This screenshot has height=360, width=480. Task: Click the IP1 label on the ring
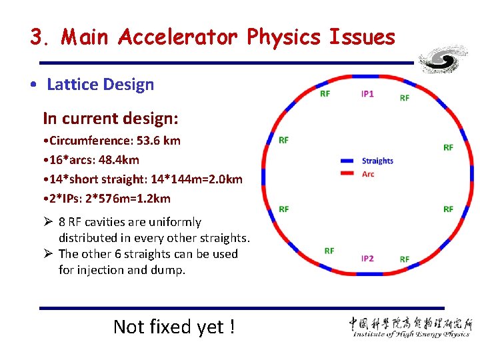click(367, 94)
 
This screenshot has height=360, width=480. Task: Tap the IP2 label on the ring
click(367, 258)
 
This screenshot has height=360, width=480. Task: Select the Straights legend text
click(377, 161)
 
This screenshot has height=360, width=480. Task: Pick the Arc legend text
click(368, 174)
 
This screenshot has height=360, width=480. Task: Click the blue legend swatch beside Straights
click(347, 161)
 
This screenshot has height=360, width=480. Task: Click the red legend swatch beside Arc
click(347, 174)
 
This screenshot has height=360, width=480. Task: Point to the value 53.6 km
click(157, 141)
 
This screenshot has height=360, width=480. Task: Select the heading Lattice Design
click(100, 85)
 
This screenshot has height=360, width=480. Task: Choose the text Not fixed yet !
click(174, 327)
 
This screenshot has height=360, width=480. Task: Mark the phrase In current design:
click(111, 119)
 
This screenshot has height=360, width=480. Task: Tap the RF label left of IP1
click(325, 94)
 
